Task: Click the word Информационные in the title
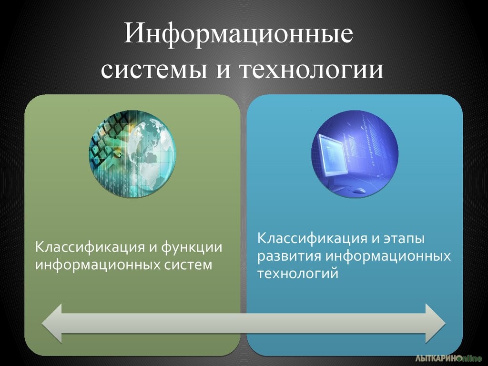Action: [x=238, y=34]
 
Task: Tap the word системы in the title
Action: [x=154, y=70]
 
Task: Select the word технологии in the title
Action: [x=311, y=70]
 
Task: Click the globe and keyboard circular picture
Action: [x=132, y=154]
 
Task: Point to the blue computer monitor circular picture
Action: [x=355, y=154]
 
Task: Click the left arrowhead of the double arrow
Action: [x=51, y=324]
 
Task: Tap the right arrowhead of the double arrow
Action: [x=436, y=324]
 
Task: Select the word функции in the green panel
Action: [x=192, y=248]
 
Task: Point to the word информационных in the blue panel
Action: [x=388, y=256]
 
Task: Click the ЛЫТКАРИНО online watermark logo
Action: [x=448, y=358]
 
